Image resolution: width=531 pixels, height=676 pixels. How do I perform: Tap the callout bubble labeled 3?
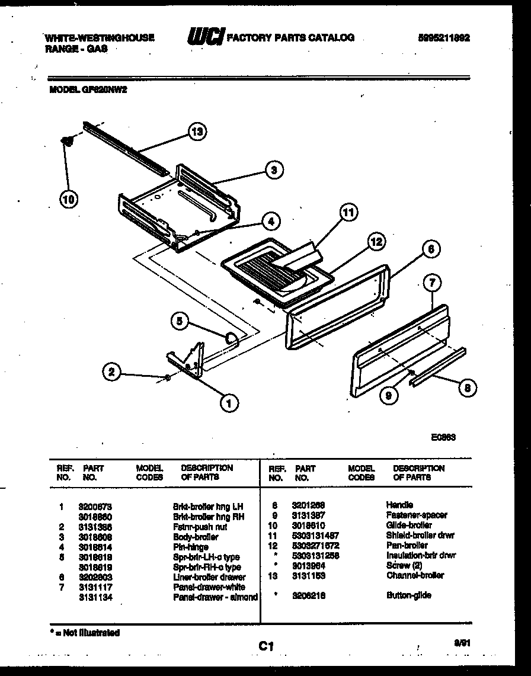273,170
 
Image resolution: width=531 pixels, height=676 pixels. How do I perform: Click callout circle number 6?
430,249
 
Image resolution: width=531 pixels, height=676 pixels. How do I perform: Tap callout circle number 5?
181,322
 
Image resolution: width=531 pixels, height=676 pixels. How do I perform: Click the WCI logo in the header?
205,38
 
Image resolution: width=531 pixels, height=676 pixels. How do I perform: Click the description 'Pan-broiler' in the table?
407,545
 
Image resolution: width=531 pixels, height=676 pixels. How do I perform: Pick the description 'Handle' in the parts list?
399,505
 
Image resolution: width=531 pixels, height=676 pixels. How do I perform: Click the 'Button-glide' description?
408,595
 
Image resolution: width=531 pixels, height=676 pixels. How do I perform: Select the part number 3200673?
95,507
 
